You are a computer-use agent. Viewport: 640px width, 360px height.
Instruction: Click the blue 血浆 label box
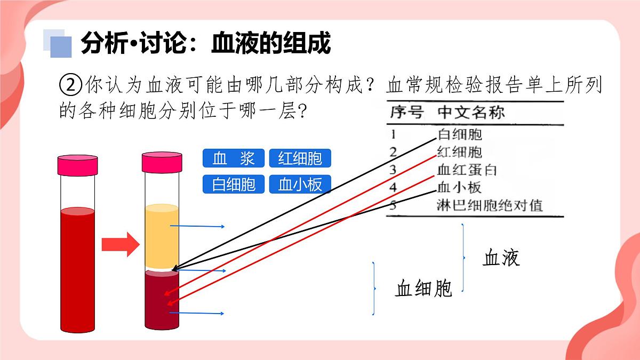point(234,158)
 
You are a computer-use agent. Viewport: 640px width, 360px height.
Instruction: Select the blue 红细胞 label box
point(300,158)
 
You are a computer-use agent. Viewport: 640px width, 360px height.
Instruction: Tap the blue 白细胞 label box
point(234,185)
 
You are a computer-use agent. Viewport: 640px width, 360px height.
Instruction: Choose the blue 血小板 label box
point(300,185)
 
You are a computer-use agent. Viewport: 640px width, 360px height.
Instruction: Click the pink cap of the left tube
point(78,165)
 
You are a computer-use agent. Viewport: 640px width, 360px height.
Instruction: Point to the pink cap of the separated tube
point(162,162)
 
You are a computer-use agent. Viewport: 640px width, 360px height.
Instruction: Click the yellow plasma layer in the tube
point(162,237)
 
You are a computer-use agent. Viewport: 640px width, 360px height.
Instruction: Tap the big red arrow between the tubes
point(121,245)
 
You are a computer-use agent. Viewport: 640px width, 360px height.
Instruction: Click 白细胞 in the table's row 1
point(460,134)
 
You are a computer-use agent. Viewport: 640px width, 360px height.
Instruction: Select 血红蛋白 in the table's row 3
point(467,170)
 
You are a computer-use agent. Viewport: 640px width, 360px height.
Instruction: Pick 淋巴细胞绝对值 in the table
point(490,205)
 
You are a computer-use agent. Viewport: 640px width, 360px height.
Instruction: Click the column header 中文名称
point(471,112)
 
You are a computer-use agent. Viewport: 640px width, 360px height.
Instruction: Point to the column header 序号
point(407,112)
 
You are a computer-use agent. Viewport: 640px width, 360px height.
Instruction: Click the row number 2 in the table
point(394,152)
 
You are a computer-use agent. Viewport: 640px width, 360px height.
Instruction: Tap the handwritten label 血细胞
point(423,289)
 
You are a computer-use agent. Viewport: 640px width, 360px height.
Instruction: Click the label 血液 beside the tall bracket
point(501,258)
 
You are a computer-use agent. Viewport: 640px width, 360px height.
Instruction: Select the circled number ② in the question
point(70,85)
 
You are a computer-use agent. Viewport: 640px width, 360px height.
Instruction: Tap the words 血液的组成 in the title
point(271,43)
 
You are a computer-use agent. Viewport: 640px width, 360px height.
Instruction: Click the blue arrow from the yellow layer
point(197,226)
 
